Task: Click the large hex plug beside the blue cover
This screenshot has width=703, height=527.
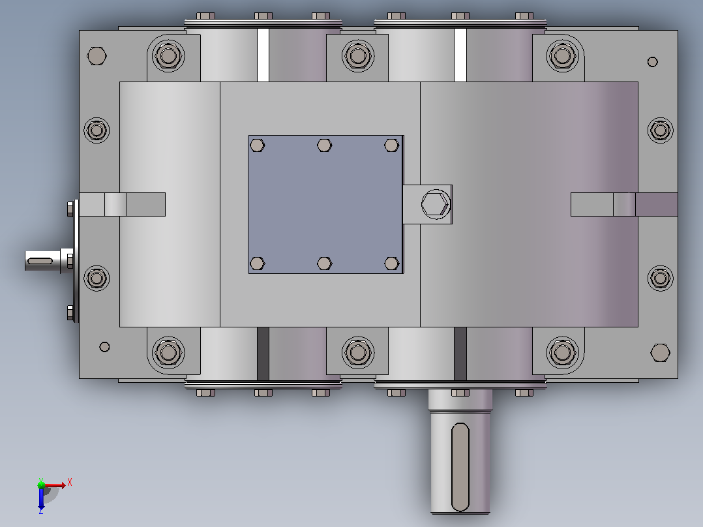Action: pos(436,204)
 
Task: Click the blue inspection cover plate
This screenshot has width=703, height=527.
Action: pos(325,204)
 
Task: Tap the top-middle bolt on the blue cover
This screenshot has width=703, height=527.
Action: pos(324,145)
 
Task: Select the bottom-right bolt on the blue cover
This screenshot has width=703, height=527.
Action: pos(391,263)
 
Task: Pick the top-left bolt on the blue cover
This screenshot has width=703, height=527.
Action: pos(257,145)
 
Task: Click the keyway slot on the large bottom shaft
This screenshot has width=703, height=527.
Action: pos(460,467)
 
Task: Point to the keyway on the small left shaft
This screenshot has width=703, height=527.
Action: pos(40,261)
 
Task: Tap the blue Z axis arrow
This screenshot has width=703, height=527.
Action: pos(41,499)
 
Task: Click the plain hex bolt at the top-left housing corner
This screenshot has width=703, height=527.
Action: pos(97,56)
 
